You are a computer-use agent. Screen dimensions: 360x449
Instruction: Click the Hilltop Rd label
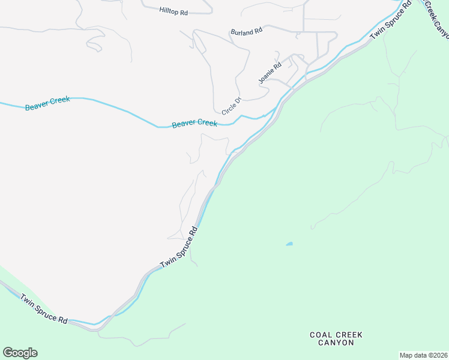click(173, 11)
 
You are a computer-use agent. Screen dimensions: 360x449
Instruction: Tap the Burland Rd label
click(247, 31)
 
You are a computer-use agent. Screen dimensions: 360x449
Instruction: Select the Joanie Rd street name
click(270, 73)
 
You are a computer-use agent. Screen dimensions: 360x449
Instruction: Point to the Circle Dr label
click(231, 106)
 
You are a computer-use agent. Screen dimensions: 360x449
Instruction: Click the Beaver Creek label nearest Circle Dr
click(194, 124)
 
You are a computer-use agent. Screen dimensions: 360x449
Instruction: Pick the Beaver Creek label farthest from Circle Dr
click(47, 103)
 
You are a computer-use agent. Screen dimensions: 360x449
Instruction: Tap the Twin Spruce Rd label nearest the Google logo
click(44, 309)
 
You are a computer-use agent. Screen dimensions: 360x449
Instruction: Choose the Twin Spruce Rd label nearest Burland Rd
click(390, 20)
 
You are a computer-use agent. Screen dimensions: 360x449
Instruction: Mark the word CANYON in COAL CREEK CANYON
click(332, 343)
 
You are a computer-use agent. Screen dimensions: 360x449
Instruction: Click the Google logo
click(20, 353)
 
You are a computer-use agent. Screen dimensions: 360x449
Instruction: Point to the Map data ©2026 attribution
click(423, 355)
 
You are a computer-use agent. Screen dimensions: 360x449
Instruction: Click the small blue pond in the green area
click(289, 244)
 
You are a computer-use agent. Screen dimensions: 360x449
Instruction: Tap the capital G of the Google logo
click(8, 353)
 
